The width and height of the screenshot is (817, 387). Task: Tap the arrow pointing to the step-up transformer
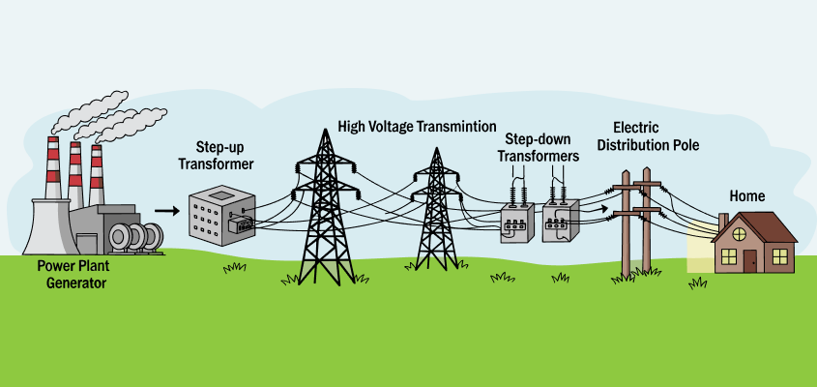click(167, 209)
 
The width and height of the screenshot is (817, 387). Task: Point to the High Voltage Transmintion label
click(417, 127)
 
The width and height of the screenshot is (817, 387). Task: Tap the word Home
click(747, 196)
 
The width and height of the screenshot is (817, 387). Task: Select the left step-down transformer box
click(518, 223)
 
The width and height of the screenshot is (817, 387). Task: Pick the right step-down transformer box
click(560, 222)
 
